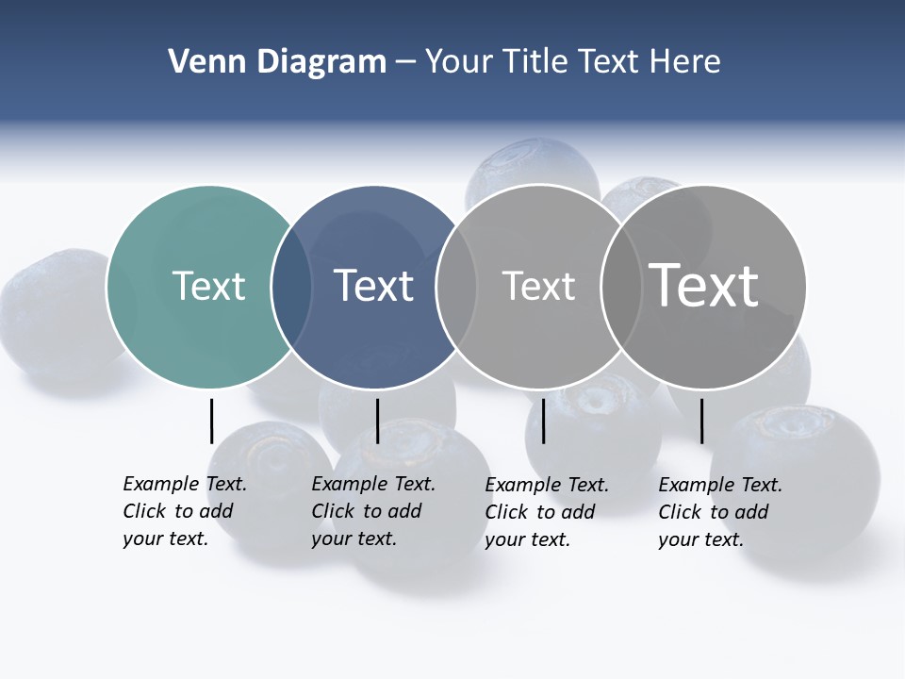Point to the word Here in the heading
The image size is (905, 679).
685,62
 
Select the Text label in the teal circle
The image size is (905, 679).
208,286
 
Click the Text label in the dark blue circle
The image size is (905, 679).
373,286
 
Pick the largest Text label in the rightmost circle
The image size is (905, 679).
704,286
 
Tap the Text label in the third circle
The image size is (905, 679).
538,286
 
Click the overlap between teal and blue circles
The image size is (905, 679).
291,287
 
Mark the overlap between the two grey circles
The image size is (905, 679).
621,287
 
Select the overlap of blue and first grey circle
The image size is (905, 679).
456,287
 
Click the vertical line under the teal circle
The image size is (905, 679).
211,421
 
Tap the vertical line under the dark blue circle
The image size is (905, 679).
377,421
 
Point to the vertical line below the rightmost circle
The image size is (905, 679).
701,421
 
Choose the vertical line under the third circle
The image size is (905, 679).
543,421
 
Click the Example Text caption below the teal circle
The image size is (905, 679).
184,511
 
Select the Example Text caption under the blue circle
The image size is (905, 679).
372,511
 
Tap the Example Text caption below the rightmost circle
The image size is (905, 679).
719,512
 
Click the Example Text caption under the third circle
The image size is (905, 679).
546,512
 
